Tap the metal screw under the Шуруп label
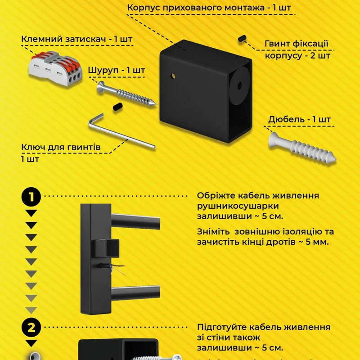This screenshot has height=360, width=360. tap(126, 94)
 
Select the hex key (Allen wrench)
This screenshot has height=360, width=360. tap(121, 132)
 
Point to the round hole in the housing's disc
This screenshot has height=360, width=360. tap(239, 86)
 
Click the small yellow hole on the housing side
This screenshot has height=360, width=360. tap(173, 76)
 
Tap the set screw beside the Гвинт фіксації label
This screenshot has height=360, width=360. tap(242, 38)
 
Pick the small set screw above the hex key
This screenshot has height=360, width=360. tap(118, 107)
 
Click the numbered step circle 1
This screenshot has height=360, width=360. tap(31, 197)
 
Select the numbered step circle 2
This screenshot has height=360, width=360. tap(31, 328)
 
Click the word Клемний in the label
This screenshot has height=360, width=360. tap(42, 39)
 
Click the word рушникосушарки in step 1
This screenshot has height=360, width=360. tap(238, 206)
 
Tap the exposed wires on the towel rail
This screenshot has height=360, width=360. tap(117, 269)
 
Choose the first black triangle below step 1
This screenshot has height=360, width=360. tap(31, 213)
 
